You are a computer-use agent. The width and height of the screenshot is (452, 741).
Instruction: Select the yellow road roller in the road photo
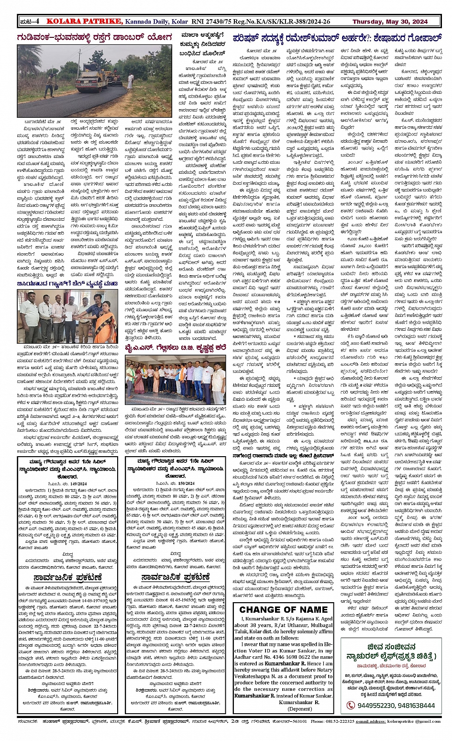pyautogui.click(x=89, y=81)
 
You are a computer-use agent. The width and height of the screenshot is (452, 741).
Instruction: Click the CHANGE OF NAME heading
pyautogui.click(x=284, y=609)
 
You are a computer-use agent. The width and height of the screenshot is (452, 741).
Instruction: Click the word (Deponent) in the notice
pyautogui.click(x=300, y=708)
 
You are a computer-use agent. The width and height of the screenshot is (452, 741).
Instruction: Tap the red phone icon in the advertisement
pyautogui.click(x=351, y=705)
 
